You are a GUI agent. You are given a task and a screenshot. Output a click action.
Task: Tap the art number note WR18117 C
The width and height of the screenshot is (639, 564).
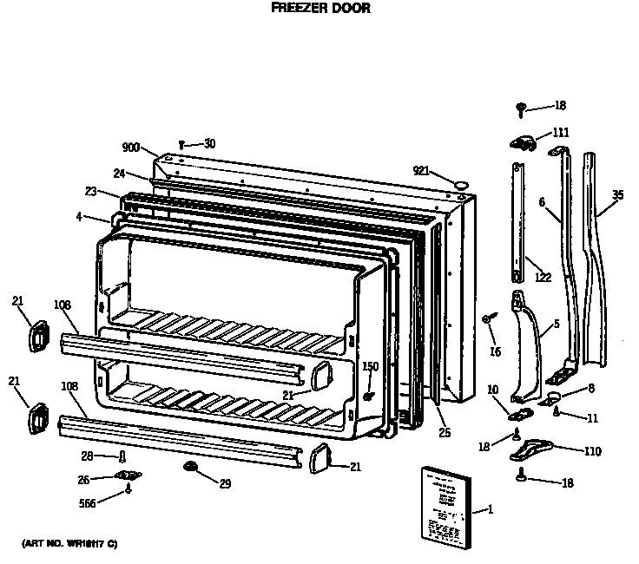tap(69, 543)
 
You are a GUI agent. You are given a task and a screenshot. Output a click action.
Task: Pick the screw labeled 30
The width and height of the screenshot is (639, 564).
tap(181, 144)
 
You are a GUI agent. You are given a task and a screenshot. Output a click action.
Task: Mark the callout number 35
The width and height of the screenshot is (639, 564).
tap(616, 195)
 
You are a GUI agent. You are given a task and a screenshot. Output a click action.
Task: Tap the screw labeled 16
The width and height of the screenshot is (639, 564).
tap(488, 319)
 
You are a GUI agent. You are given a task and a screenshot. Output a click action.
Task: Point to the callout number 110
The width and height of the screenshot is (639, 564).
tap(593, 451)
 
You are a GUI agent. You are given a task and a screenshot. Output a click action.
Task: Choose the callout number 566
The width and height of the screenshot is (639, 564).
tap(87, 502)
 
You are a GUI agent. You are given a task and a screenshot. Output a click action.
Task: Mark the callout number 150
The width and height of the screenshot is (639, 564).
tap(370, 366)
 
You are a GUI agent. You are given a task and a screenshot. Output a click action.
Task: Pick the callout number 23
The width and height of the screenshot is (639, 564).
tap(90, 193)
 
